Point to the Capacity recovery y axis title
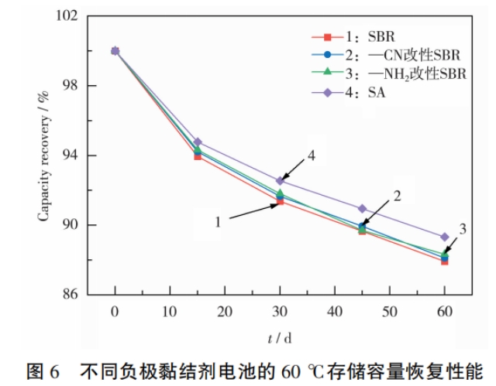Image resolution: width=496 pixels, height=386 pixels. [x=44, y=155]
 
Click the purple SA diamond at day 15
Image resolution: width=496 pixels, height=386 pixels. [x=198, y=142]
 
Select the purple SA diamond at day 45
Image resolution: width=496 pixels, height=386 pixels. [x=362, y=208]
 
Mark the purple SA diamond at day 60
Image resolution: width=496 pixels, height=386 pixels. [x=444, y=237]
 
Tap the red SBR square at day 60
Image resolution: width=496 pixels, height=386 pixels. [x=444, y=261]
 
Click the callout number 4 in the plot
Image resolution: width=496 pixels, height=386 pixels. [x=311, y=155]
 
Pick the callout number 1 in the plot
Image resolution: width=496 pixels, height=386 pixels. [x=219, y=220]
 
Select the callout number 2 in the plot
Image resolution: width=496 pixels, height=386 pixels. [x=397, y=196]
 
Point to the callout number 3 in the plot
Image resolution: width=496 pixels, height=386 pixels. [x=463, y=229]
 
